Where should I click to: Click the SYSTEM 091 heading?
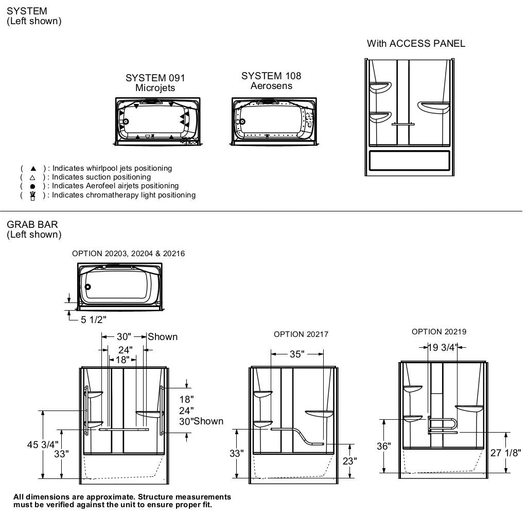tap(155, 78)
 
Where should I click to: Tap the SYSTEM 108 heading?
tap(271, 76)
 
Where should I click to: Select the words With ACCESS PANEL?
tap(416, 44)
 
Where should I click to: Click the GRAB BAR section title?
tap(32, 224)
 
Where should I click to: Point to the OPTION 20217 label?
tap(301, 334)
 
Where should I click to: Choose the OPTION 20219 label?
tap(439, 332)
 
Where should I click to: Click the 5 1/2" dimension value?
tap(93, 320)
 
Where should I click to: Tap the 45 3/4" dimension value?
tap(43, 444)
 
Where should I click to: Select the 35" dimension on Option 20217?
tap(296, 354)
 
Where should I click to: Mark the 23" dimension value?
tap(349, 461)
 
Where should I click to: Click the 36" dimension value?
tap(383, 446)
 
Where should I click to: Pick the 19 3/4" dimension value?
tap(442, 347)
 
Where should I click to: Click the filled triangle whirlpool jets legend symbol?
tap(33, 168)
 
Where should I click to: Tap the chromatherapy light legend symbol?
tap(33, 195)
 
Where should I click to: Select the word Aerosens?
tap(271, 86)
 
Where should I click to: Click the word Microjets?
tap(155, 88)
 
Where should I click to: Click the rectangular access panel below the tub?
tap(410, 161)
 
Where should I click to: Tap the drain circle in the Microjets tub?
tap(126, 122)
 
